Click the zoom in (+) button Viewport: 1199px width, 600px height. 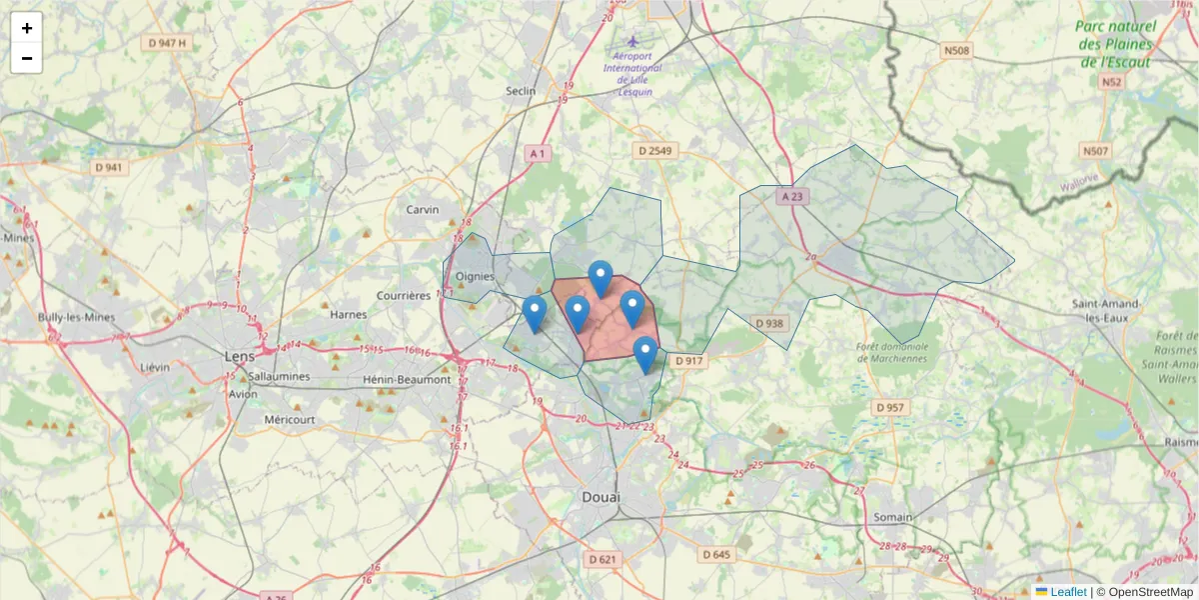pyautogui.click(x=27, y=28)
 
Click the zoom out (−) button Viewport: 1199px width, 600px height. pyautogui.click(x=27, y=58)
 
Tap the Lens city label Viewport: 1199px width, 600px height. pyautogui.click(x=240, y=356)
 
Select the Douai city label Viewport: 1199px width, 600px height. pyautogui.click(x=600, y=497)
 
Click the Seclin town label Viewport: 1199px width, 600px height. pyautogui.click(x=521, y=91)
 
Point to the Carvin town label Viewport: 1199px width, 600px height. pyautogui.click(x=423, y=210)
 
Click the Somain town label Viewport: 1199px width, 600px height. pyautogui.click(x=892, y=517)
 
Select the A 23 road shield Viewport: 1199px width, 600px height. pyautogui.click(x=792, y=197)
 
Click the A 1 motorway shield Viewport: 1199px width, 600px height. pyautogui.click(x=538, y=153)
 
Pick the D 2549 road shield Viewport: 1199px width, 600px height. pyautogui.click(x=655, y=150)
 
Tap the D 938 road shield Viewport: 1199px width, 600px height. pyautogui.click(x=769, y=323)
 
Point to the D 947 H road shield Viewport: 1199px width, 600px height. pyautogui.click(x=167, y=43)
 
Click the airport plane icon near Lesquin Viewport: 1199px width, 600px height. pyautogui.click(x=631, y=41)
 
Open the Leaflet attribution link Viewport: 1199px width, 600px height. pyautogui.click(x=1067, y=592)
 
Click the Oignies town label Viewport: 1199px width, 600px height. pyautogui.click(x=475, y=277)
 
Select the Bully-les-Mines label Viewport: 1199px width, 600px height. pyautogui.click(x=77, y=317)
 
